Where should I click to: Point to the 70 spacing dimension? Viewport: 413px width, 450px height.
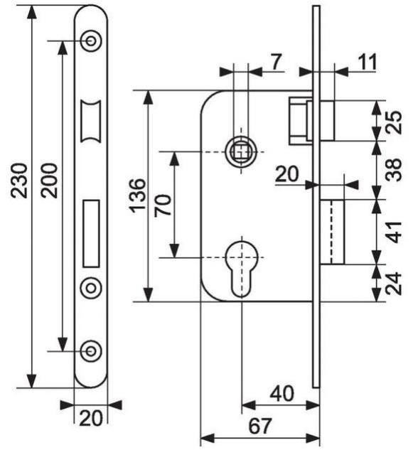[x=162, y=204]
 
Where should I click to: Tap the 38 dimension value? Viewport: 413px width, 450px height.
[x=395, y=170]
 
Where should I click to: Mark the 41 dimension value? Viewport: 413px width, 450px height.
[x=395, y=232]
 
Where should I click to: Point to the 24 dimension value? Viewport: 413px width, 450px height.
[x=395, y=282]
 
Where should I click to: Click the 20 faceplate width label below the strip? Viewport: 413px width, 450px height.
[x=91, y=417]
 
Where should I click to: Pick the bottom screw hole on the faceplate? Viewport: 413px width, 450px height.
[x=91, y=350]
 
